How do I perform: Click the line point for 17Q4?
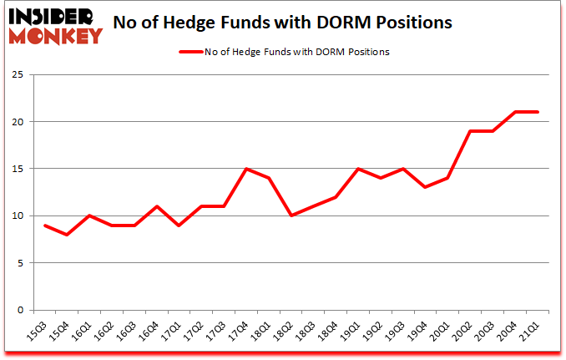(246, 169)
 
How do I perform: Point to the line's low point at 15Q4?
(66, 235)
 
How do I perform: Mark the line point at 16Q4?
(156, 206)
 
